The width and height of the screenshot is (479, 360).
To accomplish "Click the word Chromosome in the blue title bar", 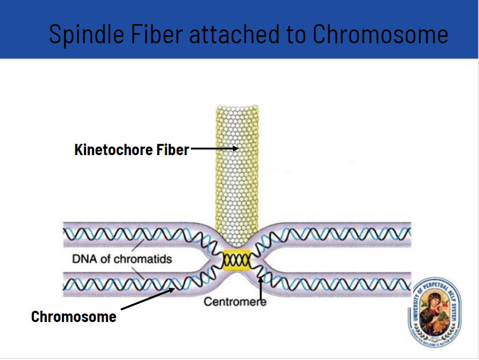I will (380, 34).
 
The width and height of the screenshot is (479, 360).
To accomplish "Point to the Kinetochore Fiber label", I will (132, 149).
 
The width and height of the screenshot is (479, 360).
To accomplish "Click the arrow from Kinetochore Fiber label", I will (214, 149).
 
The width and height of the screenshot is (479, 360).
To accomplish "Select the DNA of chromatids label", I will (122, 259).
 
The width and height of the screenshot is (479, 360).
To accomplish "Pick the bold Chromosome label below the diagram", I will (74, 316).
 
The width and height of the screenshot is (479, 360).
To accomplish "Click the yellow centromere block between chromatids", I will (236, 259).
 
